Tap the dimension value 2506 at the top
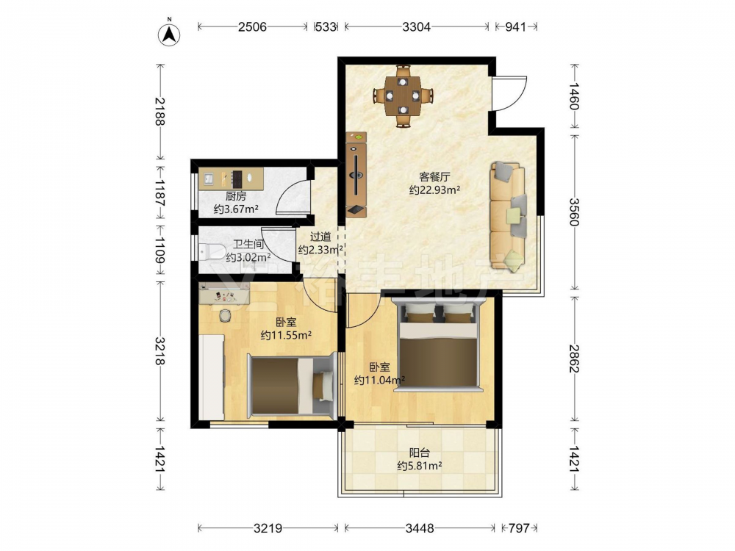point(252,26)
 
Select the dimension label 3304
point(416,26)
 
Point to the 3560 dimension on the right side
point(574,212)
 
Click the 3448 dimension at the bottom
point(420,528)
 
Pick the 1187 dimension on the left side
point(159,192)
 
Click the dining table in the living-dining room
point(403,96)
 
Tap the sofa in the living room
point(508,217)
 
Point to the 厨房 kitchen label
point(235,197)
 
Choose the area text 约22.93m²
point(434,190)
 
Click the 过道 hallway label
point(320,237)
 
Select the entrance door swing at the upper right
point(509,94)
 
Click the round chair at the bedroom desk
point(226,315)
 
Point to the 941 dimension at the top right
point(515,26)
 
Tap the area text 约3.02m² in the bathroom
point(248,256)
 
